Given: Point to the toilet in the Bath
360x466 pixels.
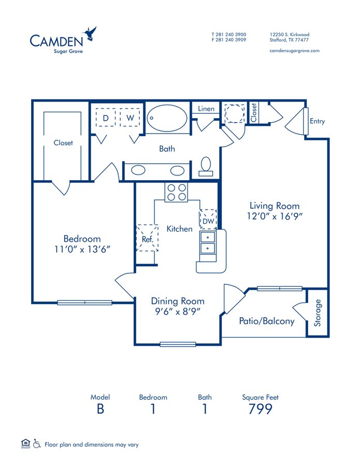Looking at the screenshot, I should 206,165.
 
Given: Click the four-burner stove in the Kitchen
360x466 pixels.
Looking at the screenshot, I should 176,192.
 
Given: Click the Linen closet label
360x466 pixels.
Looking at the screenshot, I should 206,109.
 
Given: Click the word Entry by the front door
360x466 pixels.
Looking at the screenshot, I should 317,121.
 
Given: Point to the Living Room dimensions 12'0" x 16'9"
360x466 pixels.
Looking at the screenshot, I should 275,216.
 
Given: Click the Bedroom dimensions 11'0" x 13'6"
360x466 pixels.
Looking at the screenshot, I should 82,249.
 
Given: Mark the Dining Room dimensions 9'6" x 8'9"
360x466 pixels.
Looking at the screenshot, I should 177,311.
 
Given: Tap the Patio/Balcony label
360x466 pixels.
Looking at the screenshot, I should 267,321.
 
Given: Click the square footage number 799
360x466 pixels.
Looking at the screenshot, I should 260,409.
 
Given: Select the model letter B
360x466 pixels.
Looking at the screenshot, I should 100,409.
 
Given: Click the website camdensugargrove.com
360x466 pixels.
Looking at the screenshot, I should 295,50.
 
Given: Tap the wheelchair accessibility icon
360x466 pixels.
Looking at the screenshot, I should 37,444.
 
